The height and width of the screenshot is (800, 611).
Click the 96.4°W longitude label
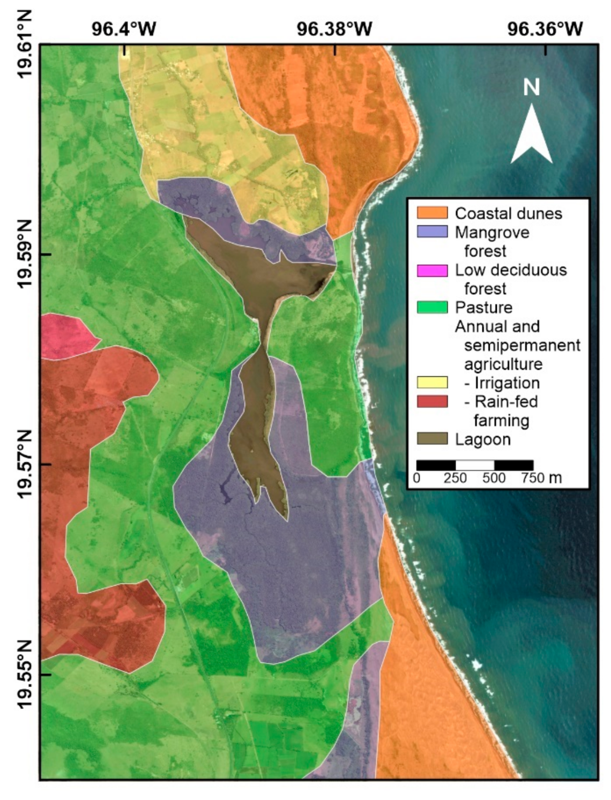click(x=124, y=28)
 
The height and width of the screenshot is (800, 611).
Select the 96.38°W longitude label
click(x=335, y=28)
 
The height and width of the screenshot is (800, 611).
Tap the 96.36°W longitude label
click(x=545, y=28)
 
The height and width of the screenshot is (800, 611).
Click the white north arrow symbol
click(x=531, y=134)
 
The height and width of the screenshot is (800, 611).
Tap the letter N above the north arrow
click(x=531, y=87)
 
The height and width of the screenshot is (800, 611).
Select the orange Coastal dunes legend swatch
click(x=432, y=213)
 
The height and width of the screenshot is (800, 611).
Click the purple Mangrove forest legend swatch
click(x=432, y=232)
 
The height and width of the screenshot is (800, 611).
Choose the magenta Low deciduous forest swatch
click(x=432, y=270)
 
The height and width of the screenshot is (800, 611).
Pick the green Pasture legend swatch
click(x=432, y=308)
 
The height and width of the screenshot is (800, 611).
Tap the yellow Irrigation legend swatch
click(x=432, y=383)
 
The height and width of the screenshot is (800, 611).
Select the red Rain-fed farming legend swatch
click(x=432, y=401)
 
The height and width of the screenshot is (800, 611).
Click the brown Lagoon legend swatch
click(x=432, y=439)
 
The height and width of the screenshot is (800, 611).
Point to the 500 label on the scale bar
click(x=494, y=477)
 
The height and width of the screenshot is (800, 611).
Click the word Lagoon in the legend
click(x=482, y=439)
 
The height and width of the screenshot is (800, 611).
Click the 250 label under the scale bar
click(x=455, y=477)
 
